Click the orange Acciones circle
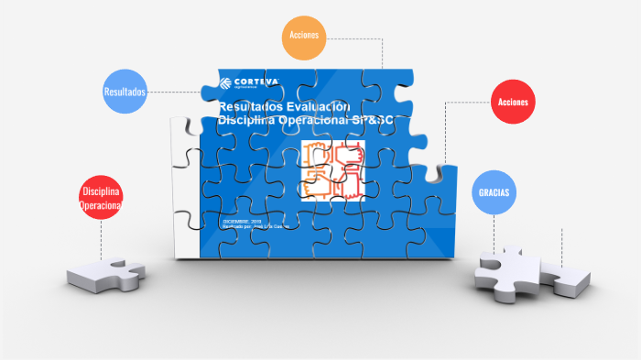pyautogui.click(x=302, y=38)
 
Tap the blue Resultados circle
pyautogui.click(x=125, y=92)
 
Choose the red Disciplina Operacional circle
pyautogui.click(x=102, y=198)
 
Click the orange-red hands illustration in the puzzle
pyautogui.click(x=332, y=173)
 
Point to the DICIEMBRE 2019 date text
pyautogui.click(x=242, y=221)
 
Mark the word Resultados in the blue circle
pyautogui.click(x=125, y=93)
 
